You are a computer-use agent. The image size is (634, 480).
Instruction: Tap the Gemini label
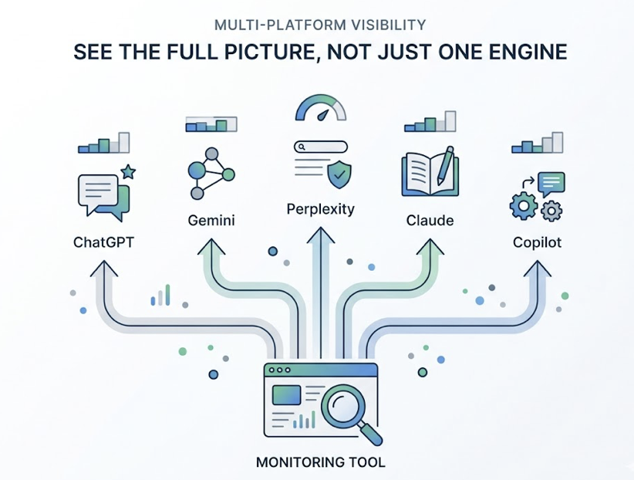[x=211, y=221]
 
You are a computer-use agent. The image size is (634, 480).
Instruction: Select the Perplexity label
[x=320, y=209]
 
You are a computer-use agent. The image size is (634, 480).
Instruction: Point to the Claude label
[x=430, y=221]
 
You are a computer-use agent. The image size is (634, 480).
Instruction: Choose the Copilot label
[x=538, y=242]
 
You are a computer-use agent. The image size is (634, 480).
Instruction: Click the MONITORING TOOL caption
[x=320, y=463]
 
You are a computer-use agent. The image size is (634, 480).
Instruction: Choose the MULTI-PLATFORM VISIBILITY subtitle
[x=319, y=24]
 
